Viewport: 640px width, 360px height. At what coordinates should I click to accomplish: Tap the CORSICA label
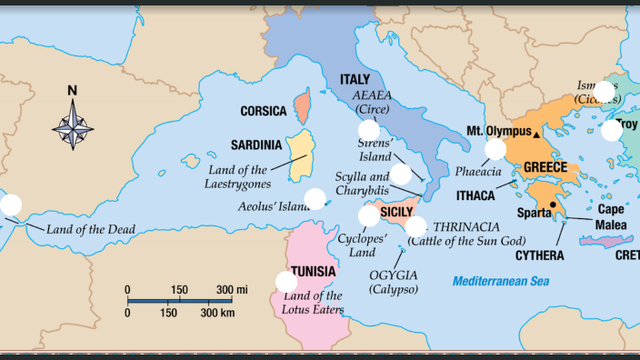coord(263,111)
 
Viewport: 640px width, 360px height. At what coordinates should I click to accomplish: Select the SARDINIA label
coord(255,145)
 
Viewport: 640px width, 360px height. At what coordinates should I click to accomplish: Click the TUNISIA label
coord(313,271)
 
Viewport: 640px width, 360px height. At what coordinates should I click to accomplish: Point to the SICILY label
coord(396,212)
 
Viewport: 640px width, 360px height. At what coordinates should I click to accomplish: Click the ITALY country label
coord(355,80)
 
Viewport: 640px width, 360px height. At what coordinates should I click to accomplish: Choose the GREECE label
coord(545,167)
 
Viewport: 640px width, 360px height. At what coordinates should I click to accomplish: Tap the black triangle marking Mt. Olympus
coord(537,135)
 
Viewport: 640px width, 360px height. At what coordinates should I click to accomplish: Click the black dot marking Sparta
coord(553,205)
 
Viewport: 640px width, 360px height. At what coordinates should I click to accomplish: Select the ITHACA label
coord(475,195)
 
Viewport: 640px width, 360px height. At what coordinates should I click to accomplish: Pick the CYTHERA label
coord(540,255)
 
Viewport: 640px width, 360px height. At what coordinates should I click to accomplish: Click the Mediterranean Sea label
coord(502,281)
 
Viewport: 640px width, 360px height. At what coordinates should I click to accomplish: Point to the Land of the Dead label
coord(91,229)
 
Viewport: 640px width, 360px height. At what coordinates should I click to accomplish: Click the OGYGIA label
coord(394,275)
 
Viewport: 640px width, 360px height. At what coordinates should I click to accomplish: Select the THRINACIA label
coord(466,226)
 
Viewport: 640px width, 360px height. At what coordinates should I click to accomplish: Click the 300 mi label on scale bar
coord(232,290)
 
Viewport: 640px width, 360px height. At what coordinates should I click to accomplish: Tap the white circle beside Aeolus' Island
coord(315,199)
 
